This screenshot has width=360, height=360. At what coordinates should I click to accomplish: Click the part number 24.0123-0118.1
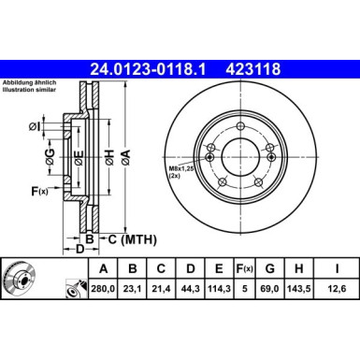click(148, 69)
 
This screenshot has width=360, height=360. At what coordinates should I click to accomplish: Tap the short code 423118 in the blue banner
click(252, 69)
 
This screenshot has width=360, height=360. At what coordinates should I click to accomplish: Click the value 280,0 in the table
click(103, 289)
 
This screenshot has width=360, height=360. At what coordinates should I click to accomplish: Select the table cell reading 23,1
click(132, 289)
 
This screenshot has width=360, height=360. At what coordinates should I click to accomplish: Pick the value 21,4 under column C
click(161, 289)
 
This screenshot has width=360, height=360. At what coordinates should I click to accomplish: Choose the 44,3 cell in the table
click(190, 289)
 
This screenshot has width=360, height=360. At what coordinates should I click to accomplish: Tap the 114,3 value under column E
click(219, 289)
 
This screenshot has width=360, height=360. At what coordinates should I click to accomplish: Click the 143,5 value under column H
click(299, 289)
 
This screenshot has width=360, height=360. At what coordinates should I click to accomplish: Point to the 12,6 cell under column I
click(337, 289)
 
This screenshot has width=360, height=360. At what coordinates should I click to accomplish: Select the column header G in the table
click(269, 268)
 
